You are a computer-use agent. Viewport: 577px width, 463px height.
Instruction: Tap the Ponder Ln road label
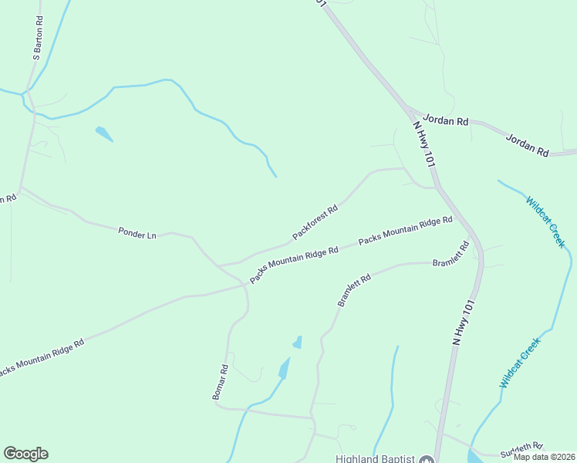tap(137, 232)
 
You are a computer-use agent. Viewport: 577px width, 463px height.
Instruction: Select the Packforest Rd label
tap(315, 221)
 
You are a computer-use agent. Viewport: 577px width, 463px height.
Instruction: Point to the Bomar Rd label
tap(220, 382)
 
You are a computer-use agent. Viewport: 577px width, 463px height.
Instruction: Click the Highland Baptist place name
tap(376, 458)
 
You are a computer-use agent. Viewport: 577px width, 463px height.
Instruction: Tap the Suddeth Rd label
tap(522, 447)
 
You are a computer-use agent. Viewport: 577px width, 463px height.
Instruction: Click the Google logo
tap(25, 454)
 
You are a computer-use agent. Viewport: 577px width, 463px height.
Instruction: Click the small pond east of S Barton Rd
tap(103, 134)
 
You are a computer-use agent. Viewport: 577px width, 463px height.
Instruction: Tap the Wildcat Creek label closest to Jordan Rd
tap(546, 222)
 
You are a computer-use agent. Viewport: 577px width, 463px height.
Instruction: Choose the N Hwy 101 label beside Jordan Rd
tap(425, 143)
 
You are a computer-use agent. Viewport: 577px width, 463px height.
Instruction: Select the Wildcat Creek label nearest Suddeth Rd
tap(520, 363)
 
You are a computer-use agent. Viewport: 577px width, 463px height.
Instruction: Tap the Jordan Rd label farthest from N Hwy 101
tap(527, 144)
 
